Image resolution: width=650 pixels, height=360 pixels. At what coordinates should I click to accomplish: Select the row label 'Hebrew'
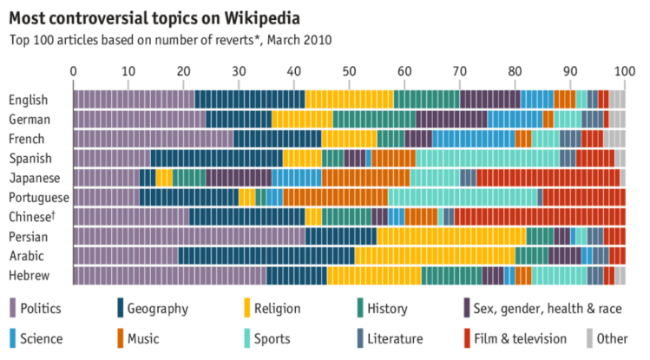click(x=28, y=276)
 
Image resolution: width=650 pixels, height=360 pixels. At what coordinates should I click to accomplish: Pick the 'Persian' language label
click(x=28, y=236)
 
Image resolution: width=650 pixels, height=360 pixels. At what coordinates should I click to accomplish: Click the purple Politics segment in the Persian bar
click(x=188, y=236)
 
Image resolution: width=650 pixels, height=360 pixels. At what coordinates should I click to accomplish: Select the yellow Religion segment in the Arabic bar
click(x=435, y=256)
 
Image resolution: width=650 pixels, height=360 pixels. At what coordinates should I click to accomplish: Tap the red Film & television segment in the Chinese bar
click(x=539, y=217)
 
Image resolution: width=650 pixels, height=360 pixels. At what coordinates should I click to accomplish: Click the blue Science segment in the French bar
click(x=473, y=139)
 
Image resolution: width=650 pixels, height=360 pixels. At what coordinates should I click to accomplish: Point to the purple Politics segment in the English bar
click(x=133, y=100)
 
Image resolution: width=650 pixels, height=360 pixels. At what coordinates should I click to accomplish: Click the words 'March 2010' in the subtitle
click(x=299, y=40)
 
